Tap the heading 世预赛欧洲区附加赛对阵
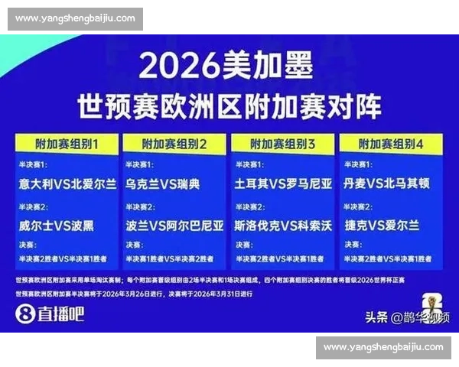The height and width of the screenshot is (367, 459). pos(229,105)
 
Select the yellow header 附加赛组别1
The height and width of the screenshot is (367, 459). pos(67,143)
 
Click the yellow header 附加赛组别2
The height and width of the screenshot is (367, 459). pos(174,143)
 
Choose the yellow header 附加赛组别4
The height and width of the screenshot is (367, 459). pos(391,143)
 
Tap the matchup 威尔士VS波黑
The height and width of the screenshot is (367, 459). pos(57,226)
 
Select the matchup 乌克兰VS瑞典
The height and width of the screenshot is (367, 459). pos(162,184)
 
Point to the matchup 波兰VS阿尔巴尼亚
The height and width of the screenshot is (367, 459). pos(174,226)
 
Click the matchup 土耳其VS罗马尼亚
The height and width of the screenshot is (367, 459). pos(283,184)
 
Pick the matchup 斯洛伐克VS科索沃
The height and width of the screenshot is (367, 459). pos(283,226)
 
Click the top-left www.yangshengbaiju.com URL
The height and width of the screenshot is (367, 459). pos(75,18)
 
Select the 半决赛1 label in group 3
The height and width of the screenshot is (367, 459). pos(248,165)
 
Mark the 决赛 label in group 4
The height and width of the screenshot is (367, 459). pos(351,245)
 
